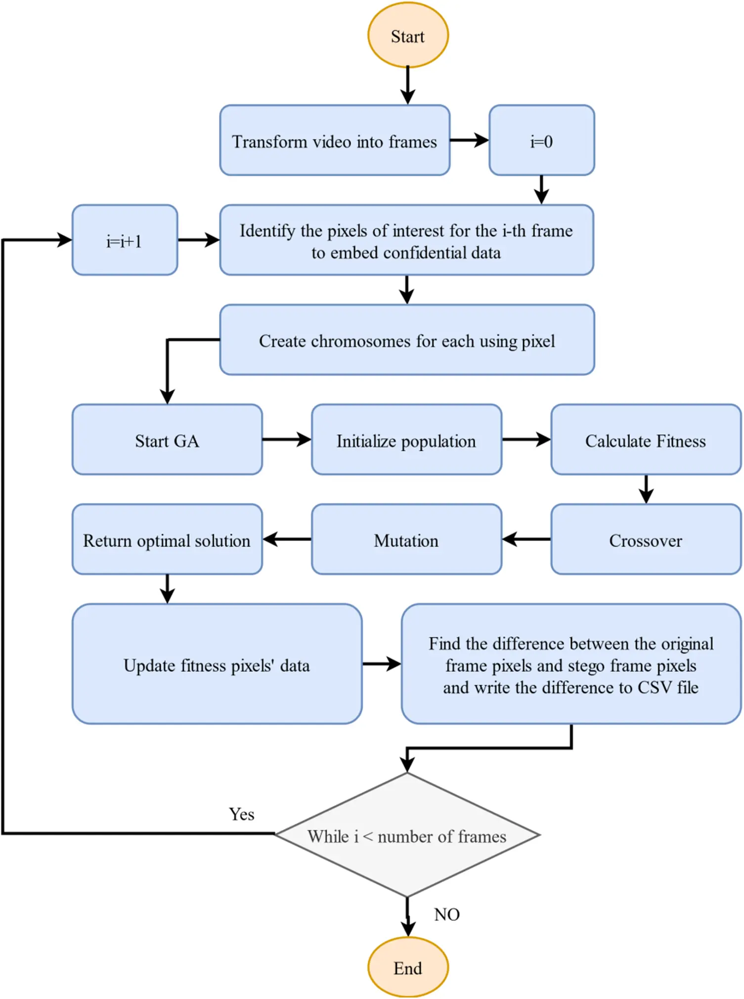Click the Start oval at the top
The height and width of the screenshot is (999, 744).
click(x=408, y=36)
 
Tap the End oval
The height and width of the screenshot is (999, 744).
click(x=408, y=967)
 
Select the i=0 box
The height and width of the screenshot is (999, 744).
click(x=541, y=141)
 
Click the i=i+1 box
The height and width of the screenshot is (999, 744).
click(x=125, y=241)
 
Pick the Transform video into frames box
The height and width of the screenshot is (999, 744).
click(x=335, y=141)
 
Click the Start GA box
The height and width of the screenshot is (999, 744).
click(x=167, y=440)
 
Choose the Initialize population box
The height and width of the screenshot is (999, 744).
click(x=406, y=440)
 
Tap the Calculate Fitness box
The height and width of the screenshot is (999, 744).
click(x=646, y=440)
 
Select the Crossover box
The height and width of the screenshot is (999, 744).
click(x=646, y=540)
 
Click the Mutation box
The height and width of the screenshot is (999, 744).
click(x=406, y=540)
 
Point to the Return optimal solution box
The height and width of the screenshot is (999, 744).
click(x=167, y=540)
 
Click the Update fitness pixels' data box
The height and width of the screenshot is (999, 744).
click(x=217, y=664)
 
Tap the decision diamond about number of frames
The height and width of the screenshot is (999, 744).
click(x=407, y=835)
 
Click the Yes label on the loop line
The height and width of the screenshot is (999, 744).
click(x=242, y=814)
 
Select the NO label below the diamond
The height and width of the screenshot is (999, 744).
click(x=447, y=914)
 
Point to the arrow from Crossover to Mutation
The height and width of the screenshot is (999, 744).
click(x=526, y=539)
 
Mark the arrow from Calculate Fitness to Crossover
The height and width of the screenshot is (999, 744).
click(x=646, y=489)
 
